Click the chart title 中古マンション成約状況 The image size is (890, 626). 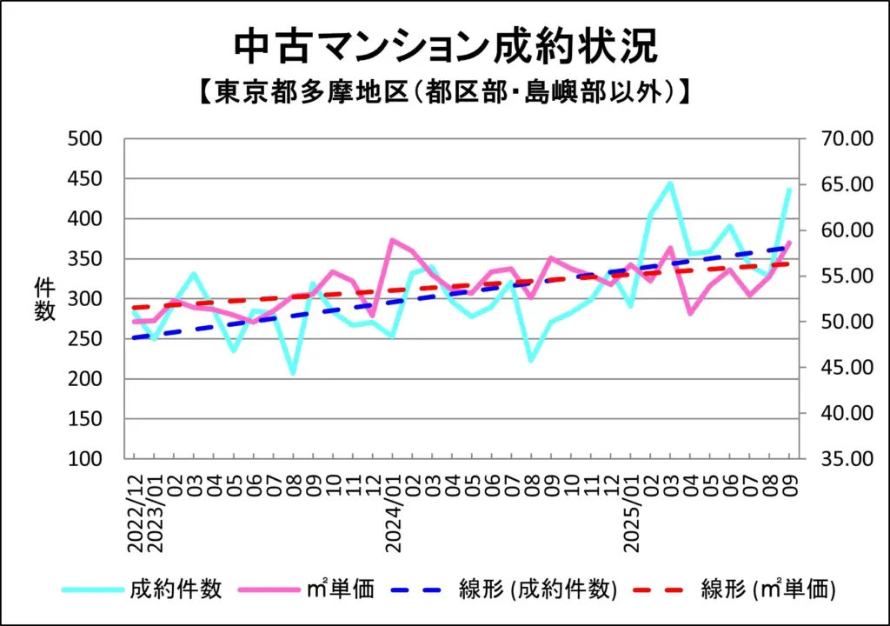445,48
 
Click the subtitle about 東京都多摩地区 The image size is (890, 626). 445,91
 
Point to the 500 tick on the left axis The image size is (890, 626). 86,139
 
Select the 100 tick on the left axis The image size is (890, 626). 86,458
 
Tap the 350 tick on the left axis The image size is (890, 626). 86,259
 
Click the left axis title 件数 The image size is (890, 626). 44,298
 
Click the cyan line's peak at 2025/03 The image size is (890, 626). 670,183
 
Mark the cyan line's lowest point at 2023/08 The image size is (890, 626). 293,373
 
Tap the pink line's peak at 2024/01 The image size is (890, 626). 393,239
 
